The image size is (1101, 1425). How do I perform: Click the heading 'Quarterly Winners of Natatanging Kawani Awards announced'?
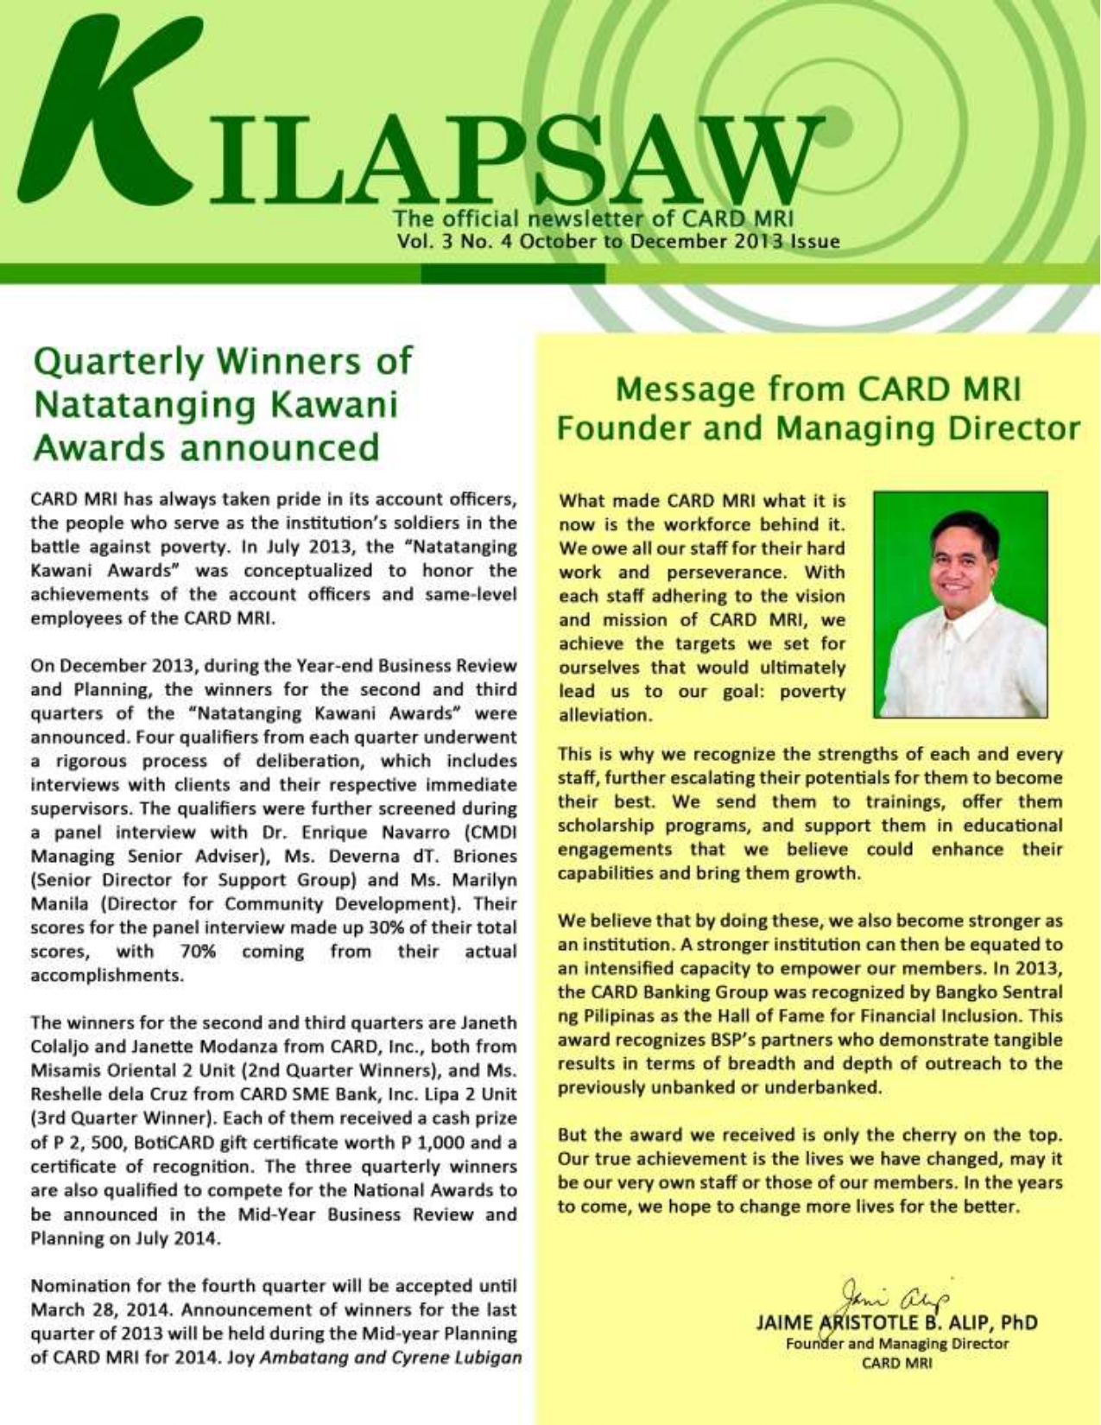222,404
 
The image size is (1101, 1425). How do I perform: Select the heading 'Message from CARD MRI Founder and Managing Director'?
818,408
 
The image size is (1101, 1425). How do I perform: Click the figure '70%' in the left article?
198,952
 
